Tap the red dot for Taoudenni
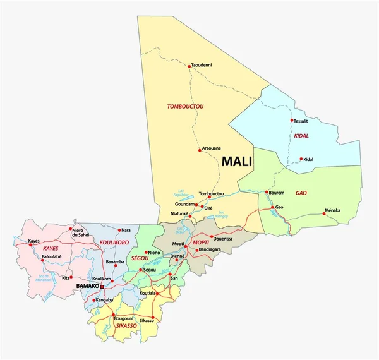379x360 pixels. tap(189, 65)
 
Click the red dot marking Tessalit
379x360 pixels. tap(292, 120)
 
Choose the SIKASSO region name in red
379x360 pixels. tap(127, 326)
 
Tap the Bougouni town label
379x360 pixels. tap(124, 318)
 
